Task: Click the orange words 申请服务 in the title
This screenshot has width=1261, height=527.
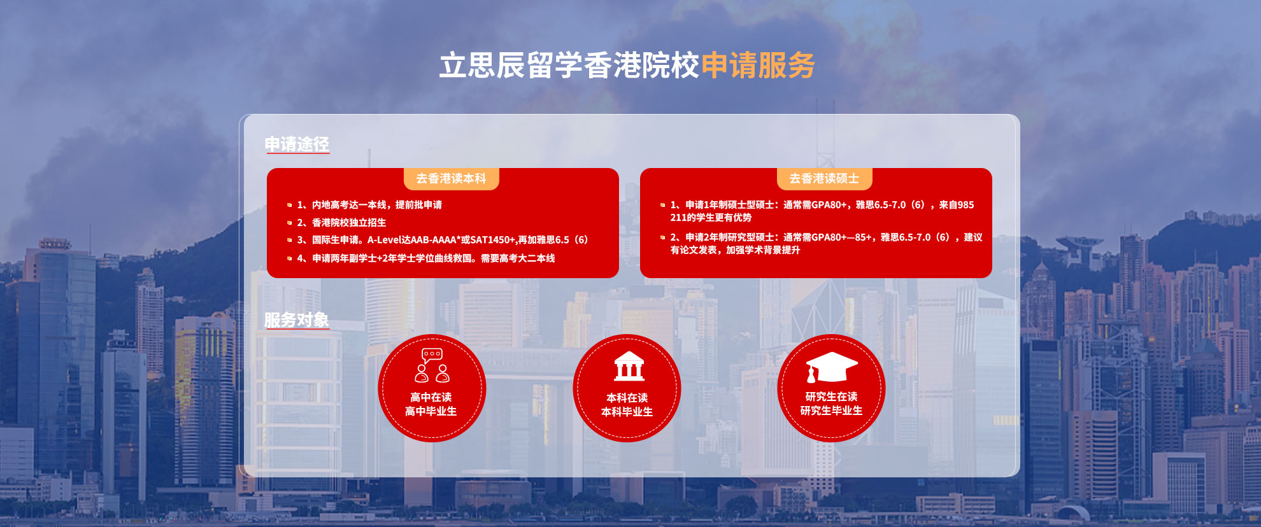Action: (758, 66)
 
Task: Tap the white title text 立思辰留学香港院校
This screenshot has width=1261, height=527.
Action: (569, 66)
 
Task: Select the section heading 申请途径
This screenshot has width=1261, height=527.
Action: (297, 144)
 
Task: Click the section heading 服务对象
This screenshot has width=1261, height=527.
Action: (297, 320)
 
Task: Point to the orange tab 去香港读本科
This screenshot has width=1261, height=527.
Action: (451, 179)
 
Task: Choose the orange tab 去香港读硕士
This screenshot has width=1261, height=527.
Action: (824, 179)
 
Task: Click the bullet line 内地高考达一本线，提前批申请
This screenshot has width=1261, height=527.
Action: (369, 205)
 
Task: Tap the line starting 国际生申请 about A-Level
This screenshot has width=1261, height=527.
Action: (443, 240)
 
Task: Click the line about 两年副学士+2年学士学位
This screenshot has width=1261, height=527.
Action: (426, 258)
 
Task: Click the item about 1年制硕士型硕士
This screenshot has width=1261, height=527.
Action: (822, 211)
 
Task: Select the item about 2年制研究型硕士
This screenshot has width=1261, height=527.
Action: (826, 244)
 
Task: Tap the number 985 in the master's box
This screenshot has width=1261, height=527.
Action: (965, 205)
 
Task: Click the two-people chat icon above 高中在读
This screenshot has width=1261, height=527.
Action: (432, 365)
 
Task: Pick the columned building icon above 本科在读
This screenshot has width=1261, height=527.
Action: (629, 366)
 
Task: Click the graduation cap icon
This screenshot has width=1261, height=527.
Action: (831, 367)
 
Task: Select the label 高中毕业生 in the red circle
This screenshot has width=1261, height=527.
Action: (431, 412)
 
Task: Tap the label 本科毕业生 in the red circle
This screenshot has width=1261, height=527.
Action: (627, 412)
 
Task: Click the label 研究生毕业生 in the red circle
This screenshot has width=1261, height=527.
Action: (831, 411)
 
